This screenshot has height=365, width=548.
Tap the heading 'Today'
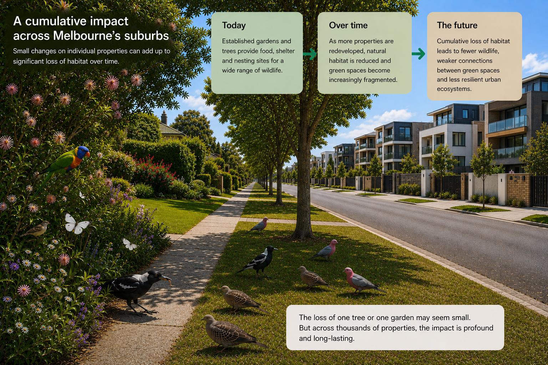click(x=234, y=25)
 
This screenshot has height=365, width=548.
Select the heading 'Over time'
click(x=348, y=25)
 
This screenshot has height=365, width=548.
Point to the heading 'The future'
click(x=457, y=25)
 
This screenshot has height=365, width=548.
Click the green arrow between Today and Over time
click(x=310, y=54)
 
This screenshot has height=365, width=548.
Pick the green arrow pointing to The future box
click(x=418, y=53)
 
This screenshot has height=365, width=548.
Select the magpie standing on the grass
click(x=258, y=262)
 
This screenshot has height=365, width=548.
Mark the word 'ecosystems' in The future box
click(x=454, y=89)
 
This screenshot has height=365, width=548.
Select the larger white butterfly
click(x=76, y=224)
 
